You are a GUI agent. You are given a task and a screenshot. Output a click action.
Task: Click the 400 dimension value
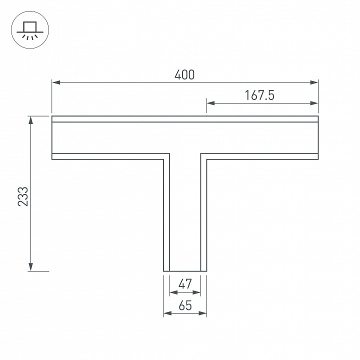[184, 75]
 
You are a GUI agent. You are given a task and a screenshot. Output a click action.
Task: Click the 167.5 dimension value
[259, 95]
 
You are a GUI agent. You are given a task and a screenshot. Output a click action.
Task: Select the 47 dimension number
[185, 284]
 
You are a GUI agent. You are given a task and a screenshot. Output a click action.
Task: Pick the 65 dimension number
[185, 305]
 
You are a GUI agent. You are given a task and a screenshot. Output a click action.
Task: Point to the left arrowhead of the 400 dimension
[55, 82]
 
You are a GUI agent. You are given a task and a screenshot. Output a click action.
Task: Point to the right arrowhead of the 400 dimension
[314, 82]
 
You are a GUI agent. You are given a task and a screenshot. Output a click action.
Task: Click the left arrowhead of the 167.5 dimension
[210, 103]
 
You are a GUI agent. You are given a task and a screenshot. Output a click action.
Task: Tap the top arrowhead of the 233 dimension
[31, 119]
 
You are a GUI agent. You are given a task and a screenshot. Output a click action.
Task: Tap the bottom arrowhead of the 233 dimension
[31, 267]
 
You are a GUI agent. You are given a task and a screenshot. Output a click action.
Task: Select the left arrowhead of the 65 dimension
[167, 313]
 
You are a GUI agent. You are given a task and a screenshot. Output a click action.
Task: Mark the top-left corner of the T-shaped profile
[52, 116]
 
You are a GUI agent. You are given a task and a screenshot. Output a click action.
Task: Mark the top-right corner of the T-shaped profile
[318, 116]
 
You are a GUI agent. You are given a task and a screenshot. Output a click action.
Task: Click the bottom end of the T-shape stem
[185, 271]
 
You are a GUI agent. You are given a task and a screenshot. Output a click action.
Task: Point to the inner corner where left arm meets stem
[164, 159]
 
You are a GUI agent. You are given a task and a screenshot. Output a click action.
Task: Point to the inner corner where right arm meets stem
[206, 159]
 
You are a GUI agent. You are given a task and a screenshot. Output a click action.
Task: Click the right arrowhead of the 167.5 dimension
[314, 103]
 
